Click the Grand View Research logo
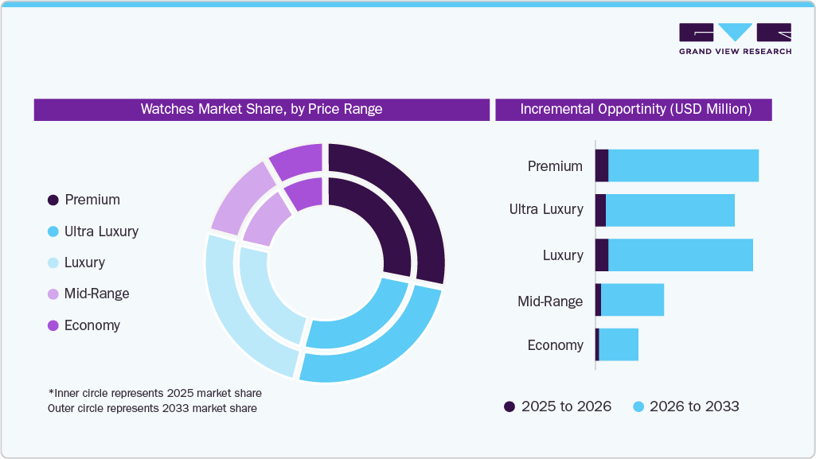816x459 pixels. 735,39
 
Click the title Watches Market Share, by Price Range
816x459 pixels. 261,109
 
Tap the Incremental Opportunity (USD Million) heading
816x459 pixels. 634,109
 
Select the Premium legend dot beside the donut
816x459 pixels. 53,200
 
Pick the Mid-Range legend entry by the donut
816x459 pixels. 88,294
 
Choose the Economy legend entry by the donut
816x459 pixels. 84,325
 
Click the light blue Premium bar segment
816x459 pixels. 683,165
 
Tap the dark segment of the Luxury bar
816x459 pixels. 602,255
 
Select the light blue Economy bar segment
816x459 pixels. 619,344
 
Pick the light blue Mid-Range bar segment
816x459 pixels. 632,300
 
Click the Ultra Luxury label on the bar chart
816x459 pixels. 546,210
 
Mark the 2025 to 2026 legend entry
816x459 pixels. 557,406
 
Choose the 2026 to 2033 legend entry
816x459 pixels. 685,406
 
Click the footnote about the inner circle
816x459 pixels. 154,393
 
